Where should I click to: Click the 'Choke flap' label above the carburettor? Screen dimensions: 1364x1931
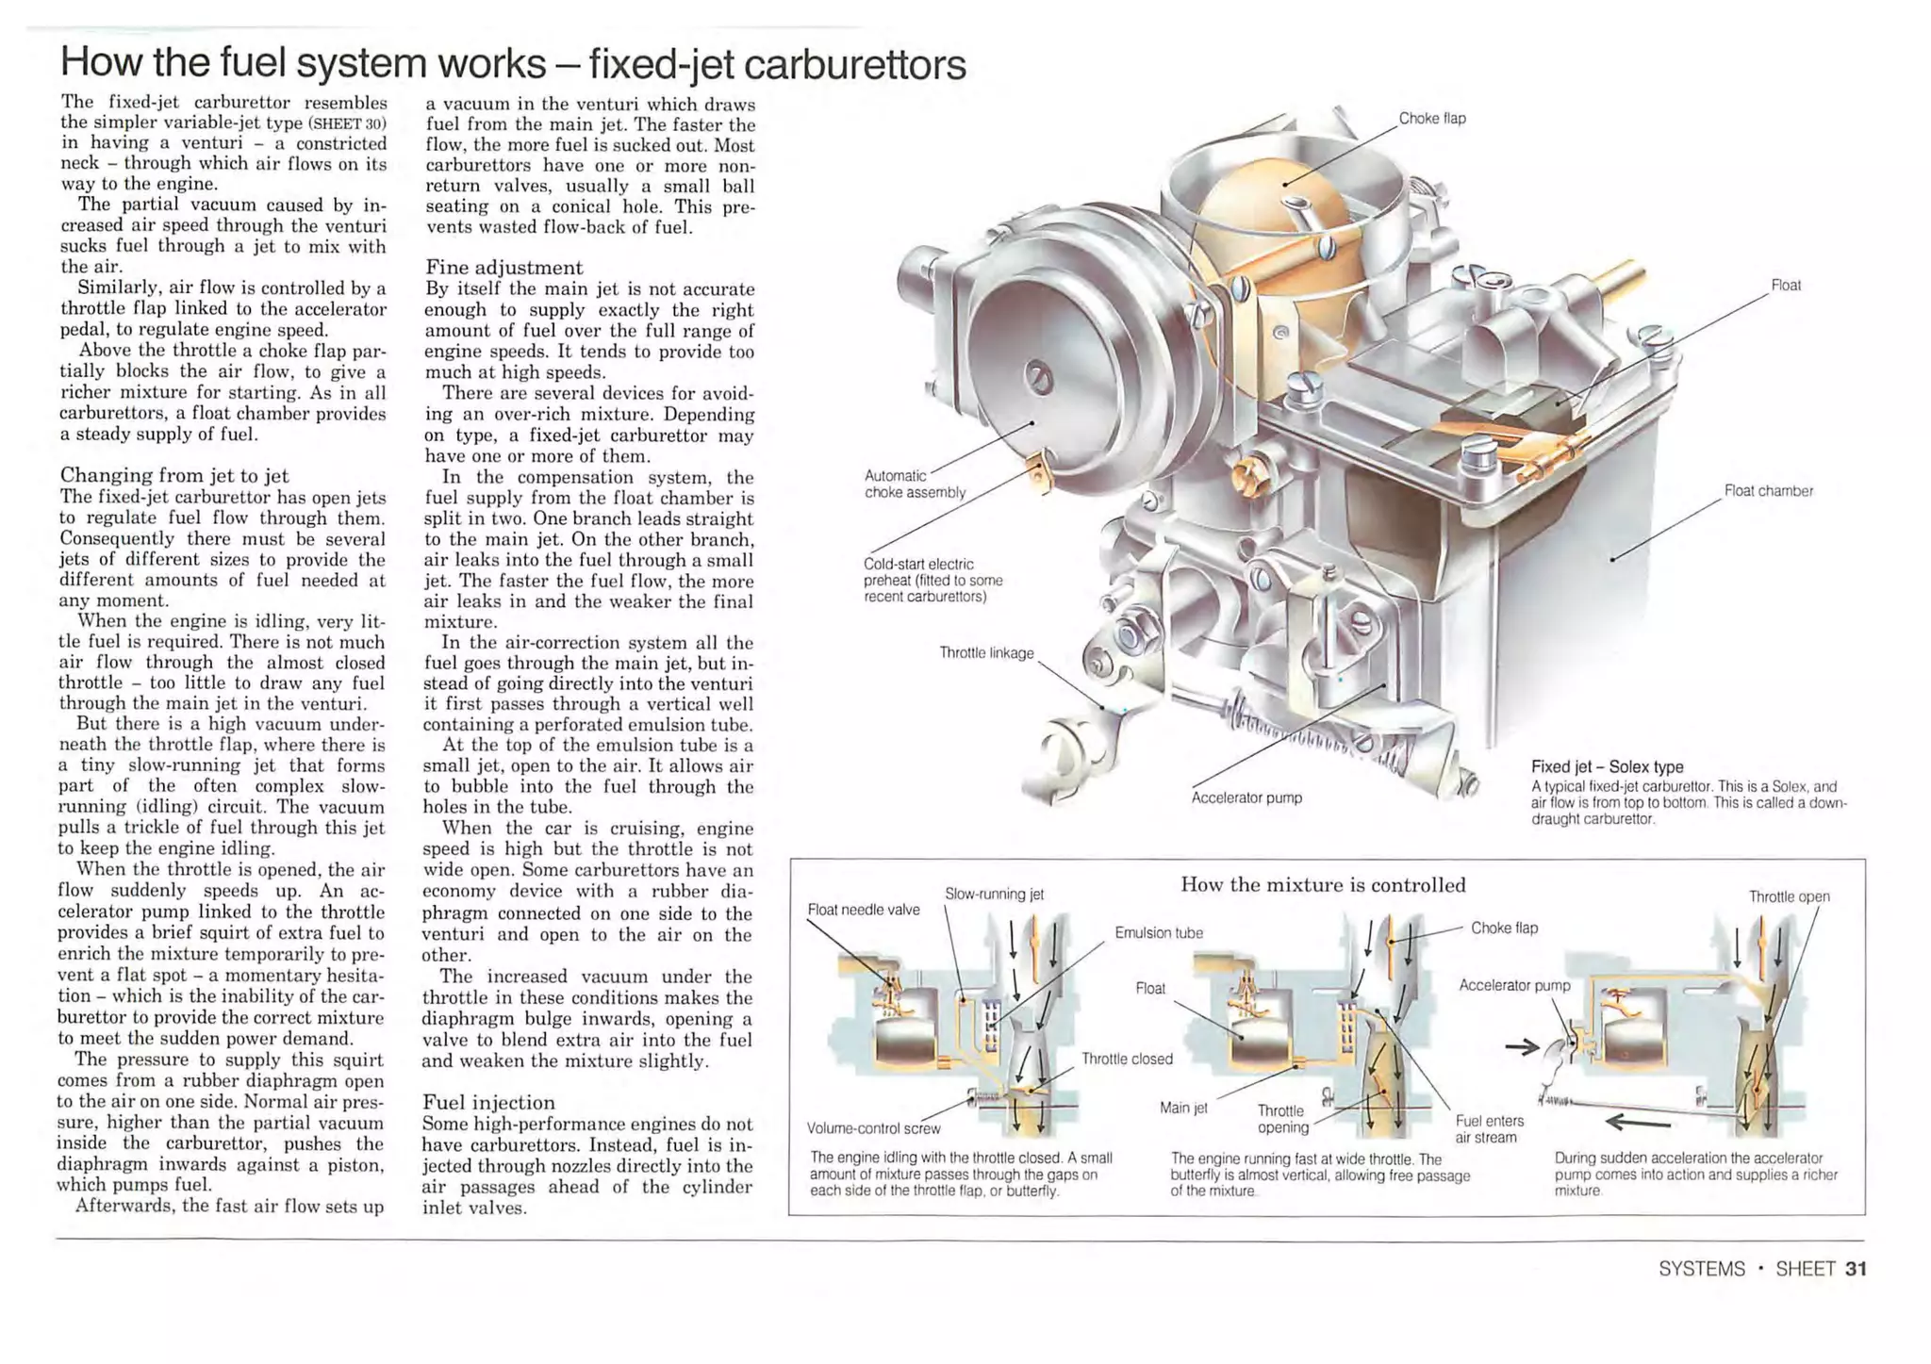[1431, 119]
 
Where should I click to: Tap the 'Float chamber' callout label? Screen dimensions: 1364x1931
[1768, 491]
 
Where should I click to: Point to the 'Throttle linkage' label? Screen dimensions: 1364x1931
[986, 653]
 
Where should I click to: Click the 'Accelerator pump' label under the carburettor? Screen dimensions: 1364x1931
[1246, 798]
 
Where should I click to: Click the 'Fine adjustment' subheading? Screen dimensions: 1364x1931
[503, 268]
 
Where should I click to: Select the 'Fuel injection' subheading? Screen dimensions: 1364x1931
[488, 1103]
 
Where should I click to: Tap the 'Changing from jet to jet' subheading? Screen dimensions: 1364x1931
[174, 475]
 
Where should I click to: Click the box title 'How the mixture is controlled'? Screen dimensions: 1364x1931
[1323, 885]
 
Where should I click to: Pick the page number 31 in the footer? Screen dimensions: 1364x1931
[1856, 1269]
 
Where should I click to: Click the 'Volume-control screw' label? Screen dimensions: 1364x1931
[873, 1128]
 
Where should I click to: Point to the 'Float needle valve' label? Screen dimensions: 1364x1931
[863, 910]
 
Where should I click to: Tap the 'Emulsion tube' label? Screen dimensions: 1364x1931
[1159, 933]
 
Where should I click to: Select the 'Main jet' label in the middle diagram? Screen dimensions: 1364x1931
[1183, 1108]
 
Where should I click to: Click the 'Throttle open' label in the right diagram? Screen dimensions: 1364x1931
[1789, 896]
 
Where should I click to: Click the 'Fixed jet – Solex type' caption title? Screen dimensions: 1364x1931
[1607, 767]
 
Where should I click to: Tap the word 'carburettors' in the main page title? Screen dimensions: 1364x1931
[854, 65]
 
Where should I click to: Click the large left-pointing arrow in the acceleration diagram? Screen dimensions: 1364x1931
[1638, 1122]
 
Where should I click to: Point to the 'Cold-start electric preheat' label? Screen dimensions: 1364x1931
[932, 580]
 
